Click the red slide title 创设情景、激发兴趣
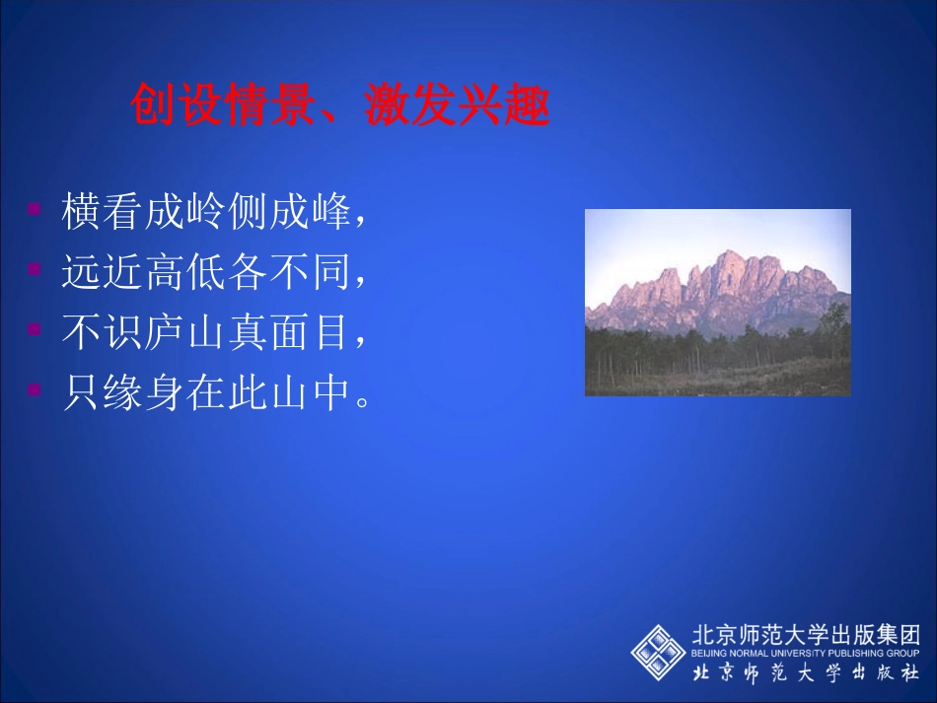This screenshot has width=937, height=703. (339, 105)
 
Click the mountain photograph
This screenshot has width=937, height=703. (717, 302)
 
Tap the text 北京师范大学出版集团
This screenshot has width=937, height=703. (805, 634)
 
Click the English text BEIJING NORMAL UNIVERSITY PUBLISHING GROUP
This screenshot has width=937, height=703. (805, 653)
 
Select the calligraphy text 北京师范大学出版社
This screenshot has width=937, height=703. (805, 673)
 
